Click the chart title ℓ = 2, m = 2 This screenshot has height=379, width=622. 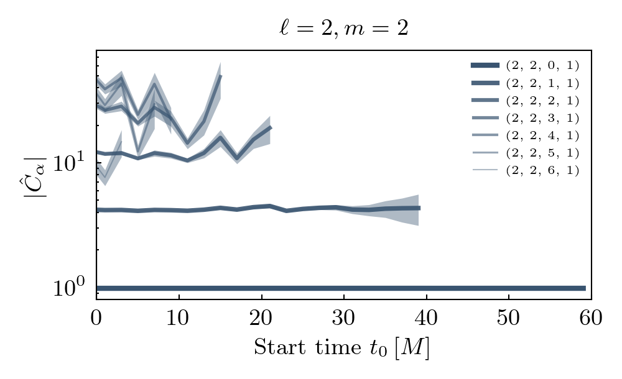pyautogui.click(x=343, y=29)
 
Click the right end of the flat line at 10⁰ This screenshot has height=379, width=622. pyautogui.click(x=585, y=288)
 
